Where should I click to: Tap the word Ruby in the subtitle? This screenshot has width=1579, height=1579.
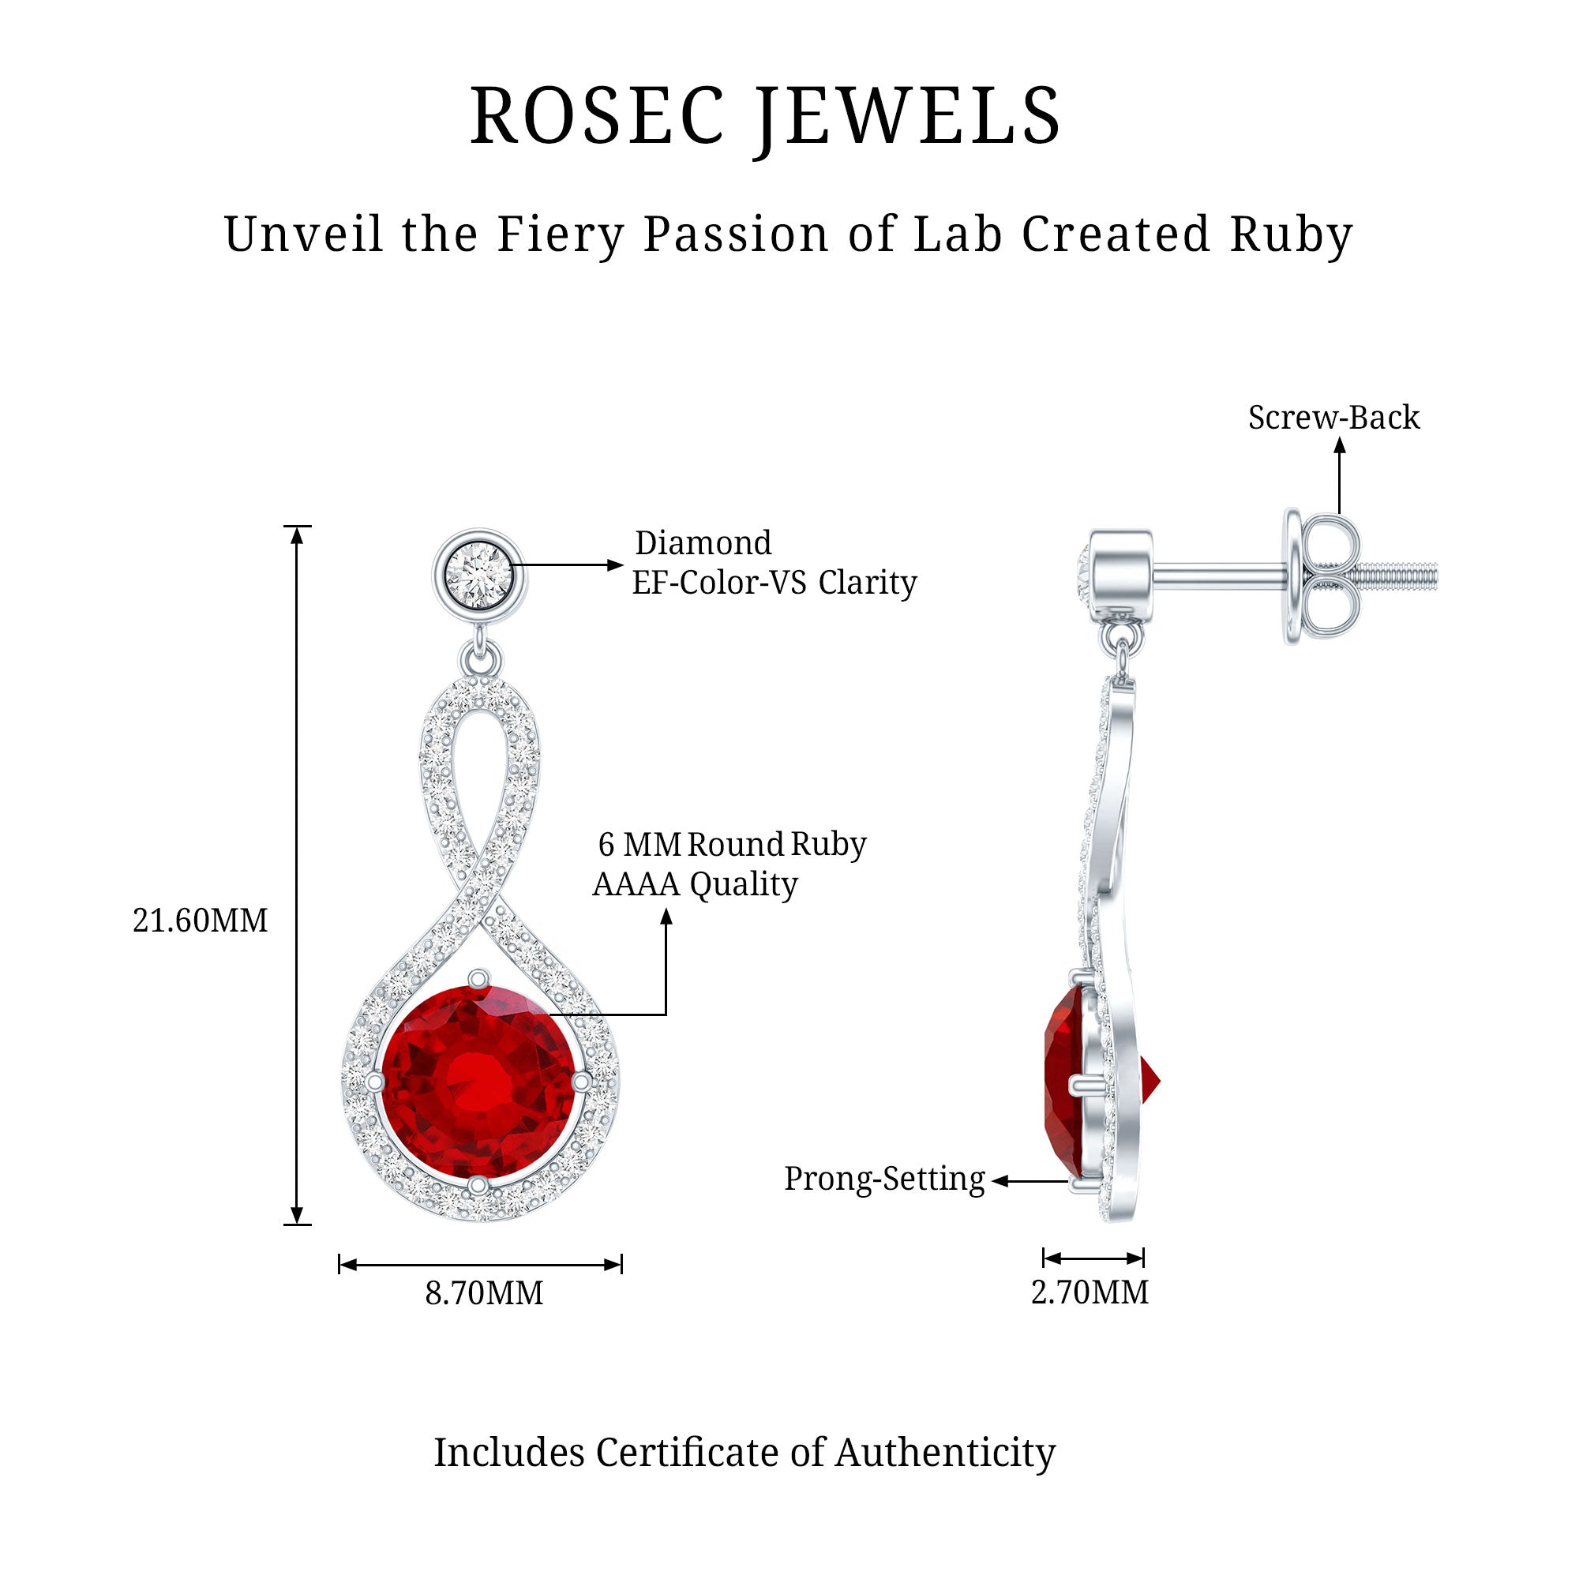[1292, 236]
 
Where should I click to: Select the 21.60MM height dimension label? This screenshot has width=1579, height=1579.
[201, 921]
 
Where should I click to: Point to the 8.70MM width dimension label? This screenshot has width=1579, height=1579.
[484, 1294]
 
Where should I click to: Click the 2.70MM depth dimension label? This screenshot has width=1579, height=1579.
[1090, 1293]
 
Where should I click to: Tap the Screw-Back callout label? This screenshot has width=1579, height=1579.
[1333, 418]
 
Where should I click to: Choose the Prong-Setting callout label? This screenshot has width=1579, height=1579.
[884, 1180]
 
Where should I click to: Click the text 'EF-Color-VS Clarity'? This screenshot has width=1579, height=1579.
[774, 583]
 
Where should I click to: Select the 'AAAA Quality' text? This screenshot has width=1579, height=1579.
[695, 884]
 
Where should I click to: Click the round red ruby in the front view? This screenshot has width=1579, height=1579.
[481, 1082]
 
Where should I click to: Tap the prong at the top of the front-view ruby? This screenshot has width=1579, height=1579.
[478, 978]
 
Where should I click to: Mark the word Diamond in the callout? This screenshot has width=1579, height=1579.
[703, 542]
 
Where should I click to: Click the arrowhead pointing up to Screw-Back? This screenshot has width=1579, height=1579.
[1340, 444]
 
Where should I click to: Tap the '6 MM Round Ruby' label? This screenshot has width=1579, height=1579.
[733, 845]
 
